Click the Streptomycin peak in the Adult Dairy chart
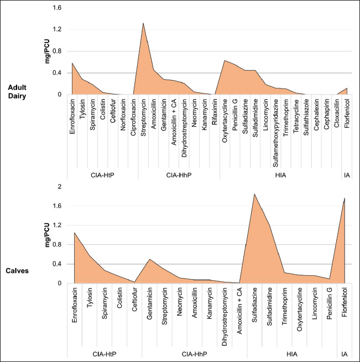pyautogui.click(x=143, y=23)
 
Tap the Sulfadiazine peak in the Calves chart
pyautogui.click(x=254, y=194)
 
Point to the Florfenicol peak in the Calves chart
pyautogui.click(x=345, y=198)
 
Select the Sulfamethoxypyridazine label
pyautogui.click(x=275, y=128)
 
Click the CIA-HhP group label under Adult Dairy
pyautogui.click(x=179, y=175)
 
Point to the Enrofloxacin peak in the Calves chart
pyautogui.click(x=74, y=233)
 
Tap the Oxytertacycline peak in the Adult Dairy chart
pyautogui.click(x=225, y=60)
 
